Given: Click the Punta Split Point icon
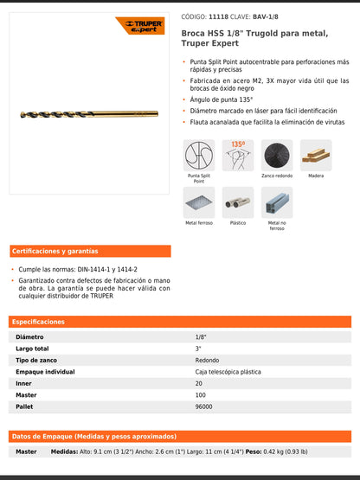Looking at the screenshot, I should click(x=199, y=156).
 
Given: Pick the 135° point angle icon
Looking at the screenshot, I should click(x=238, y=156).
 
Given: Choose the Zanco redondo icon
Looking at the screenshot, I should click(x=277, y=156).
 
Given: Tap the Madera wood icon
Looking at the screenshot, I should click(x=316, y=156).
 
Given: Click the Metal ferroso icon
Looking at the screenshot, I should click(x=199, y=202).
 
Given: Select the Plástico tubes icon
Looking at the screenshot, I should click(x=238, y=202).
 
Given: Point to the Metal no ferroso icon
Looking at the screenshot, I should click(x=277, y=202).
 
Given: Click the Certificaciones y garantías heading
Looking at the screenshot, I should click(x=55, y=252).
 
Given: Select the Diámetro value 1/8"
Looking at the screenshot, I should click(x=201, y=336).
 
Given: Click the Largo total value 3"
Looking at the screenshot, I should click(x=198, y=349).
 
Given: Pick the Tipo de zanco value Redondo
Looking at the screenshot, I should click(x=207, y=360).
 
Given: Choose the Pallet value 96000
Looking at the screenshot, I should click(x=204, y=406).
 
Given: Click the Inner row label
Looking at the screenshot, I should click(x=23, y=383).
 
